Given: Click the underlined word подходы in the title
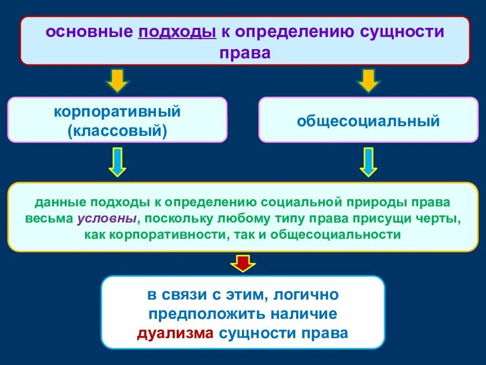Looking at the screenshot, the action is (x=177, y=32).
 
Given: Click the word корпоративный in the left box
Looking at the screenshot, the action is (x=117, y=111).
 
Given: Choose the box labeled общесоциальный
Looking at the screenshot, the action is (x=368, y=121).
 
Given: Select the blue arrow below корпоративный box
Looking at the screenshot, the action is (x=117, y=162).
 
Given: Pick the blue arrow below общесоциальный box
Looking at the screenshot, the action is (x=368, y=162).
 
